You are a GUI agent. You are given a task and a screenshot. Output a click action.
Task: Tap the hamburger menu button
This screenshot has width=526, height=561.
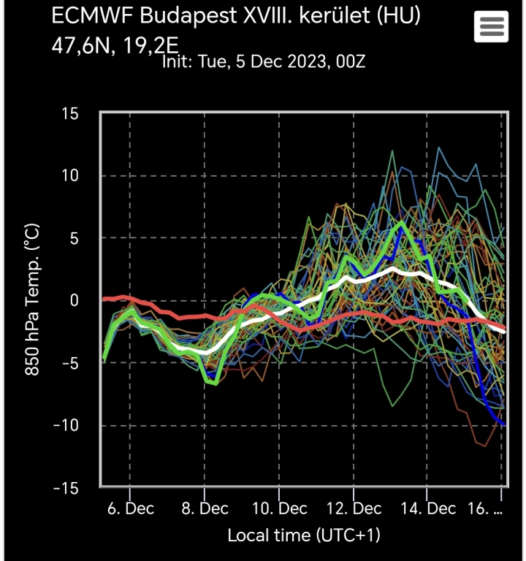tap(491, 28)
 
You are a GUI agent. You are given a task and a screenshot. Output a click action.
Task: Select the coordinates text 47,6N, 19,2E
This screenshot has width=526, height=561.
tap(115, 45)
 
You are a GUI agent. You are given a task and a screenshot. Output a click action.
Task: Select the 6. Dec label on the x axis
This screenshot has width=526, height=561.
tap(130, 508)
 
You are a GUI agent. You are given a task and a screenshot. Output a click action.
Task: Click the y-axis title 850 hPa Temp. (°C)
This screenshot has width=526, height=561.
tap(33, 300)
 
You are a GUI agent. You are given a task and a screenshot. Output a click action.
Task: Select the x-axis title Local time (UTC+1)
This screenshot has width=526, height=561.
tap(303, 535)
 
